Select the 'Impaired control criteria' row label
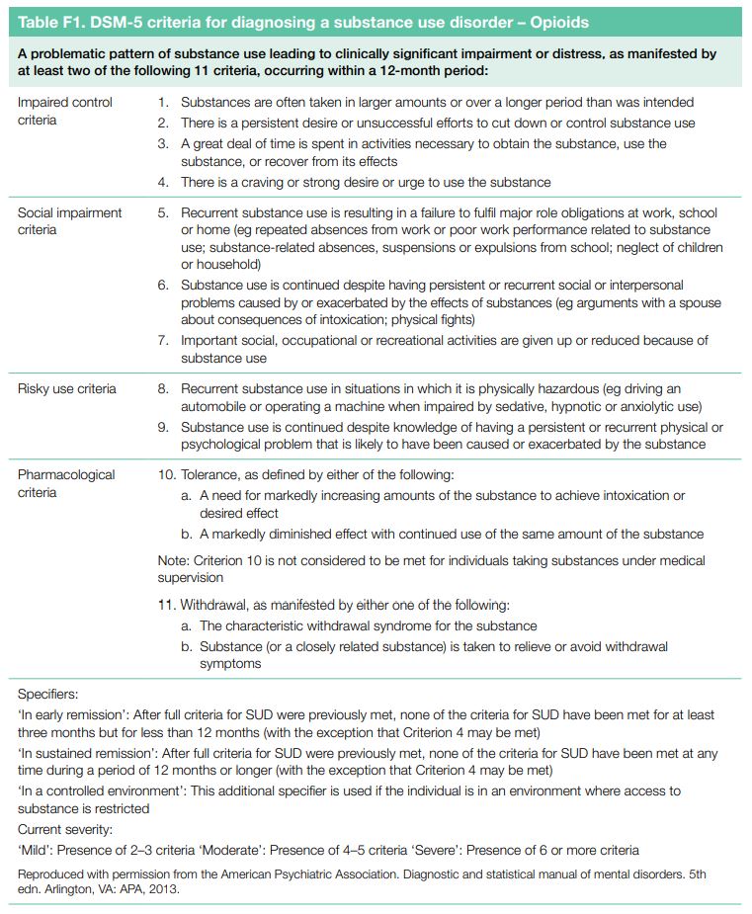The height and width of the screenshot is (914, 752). coord(65,111)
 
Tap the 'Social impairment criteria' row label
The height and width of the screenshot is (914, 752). coord(70,221)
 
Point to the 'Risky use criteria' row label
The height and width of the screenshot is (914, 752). coord(67,388)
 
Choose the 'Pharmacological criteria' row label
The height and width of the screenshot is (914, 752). coord(66,483)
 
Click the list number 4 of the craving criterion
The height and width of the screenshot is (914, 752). coord(164,182)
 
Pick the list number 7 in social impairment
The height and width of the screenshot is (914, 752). coord(164,340)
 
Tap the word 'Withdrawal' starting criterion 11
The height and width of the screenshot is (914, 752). coord(216,605)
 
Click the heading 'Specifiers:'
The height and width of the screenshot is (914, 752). coord(47,696)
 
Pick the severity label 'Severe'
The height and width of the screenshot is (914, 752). coord(494,850)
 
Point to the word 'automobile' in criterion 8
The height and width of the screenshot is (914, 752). coord(216,407)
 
